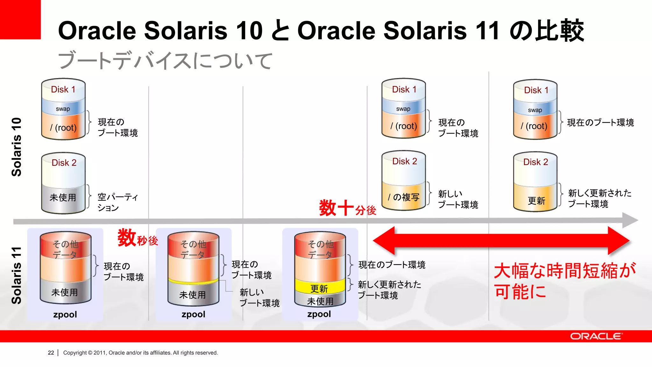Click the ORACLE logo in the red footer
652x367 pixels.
(596, 336)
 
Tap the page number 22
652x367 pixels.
(51, 353)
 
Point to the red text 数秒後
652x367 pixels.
(138, 239)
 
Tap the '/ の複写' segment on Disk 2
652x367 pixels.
(403, 197)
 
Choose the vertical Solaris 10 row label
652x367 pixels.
(17, 147)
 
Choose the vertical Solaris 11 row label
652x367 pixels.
(17, 275)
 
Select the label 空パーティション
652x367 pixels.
(117, 202)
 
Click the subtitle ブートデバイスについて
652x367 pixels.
(165, 61)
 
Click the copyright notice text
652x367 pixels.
(140, 353)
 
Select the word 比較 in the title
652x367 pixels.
(559, 31)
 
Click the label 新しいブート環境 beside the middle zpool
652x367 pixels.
(259, 298)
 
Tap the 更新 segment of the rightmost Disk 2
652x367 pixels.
(536, 200)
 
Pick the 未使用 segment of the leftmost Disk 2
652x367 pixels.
(63, 198)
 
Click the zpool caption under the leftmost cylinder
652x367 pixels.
(65, 314)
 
